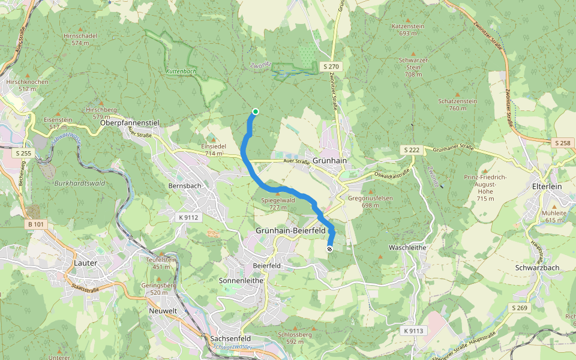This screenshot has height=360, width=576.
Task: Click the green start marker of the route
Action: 256,112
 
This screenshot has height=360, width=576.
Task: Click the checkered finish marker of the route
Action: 329,249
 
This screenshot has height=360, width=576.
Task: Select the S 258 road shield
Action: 563,143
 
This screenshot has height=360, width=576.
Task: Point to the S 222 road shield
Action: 411,149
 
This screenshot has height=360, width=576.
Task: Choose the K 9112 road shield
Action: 188,217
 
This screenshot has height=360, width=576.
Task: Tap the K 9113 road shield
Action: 413,331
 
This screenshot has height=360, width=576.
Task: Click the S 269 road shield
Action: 520,308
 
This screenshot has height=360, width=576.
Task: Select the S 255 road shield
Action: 23,154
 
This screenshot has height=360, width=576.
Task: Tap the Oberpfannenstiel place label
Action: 130,122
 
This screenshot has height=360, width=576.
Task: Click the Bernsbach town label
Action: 185,186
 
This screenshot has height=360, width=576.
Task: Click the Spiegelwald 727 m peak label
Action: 278,203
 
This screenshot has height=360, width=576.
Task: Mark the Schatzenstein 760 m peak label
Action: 457,104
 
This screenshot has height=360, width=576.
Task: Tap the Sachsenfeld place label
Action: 230,338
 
